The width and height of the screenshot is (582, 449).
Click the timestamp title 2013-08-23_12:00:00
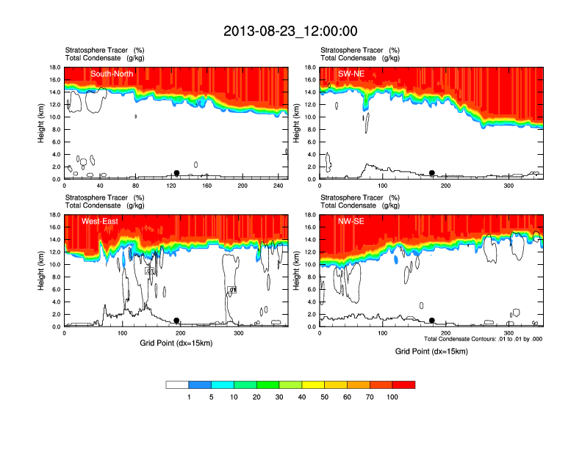pyautogui.click(x=290, y=31)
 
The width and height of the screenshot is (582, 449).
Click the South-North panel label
pyautogui.click(x=111, y=74)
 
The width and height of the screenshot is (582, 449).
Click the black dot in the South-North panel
pyautogui.click(x=176, y=173)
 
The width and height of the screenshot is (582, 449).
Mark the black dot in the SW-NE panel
pyautogui.click(x=432, y=173)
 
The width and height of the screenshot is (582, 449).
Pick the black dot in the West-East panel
pyautogui.click(x=176, y=321)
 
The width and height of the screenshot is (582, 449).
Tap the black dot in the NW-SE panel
pyautogui.click(x=432, y=321)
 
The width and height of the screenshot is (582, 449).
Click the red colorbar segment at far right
pyautogui.click(x=403, y=384)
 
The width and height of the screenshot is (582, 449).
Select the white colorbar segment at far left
pyautogui.click(x=178, y=384)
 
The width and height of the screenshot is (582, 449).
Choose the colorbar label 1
pyautogui.click(x=189, y=397)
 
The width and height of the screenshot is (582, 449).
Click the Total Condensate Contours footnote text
pyautogui.click(x=483, y=339)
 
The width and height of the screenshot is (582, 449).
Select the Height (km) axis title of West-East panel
pyautogui.click(x=41, y=271)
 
